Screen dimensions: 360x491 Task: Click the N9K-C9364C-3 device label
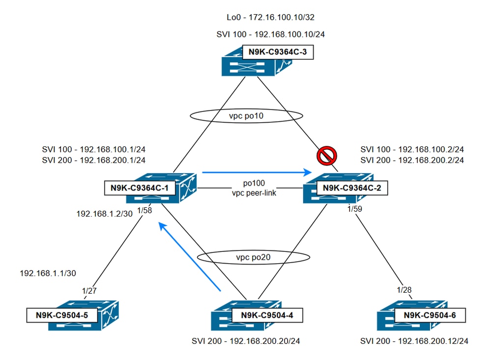pyautogui.click(x=278, y=53)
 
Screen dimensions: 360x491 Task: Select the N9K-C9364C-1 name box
pyautogui.click(x=139, y=187)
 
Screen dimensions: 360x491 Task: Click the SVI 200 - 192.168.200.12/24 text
pyautogui.click(x=413, y=340)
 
